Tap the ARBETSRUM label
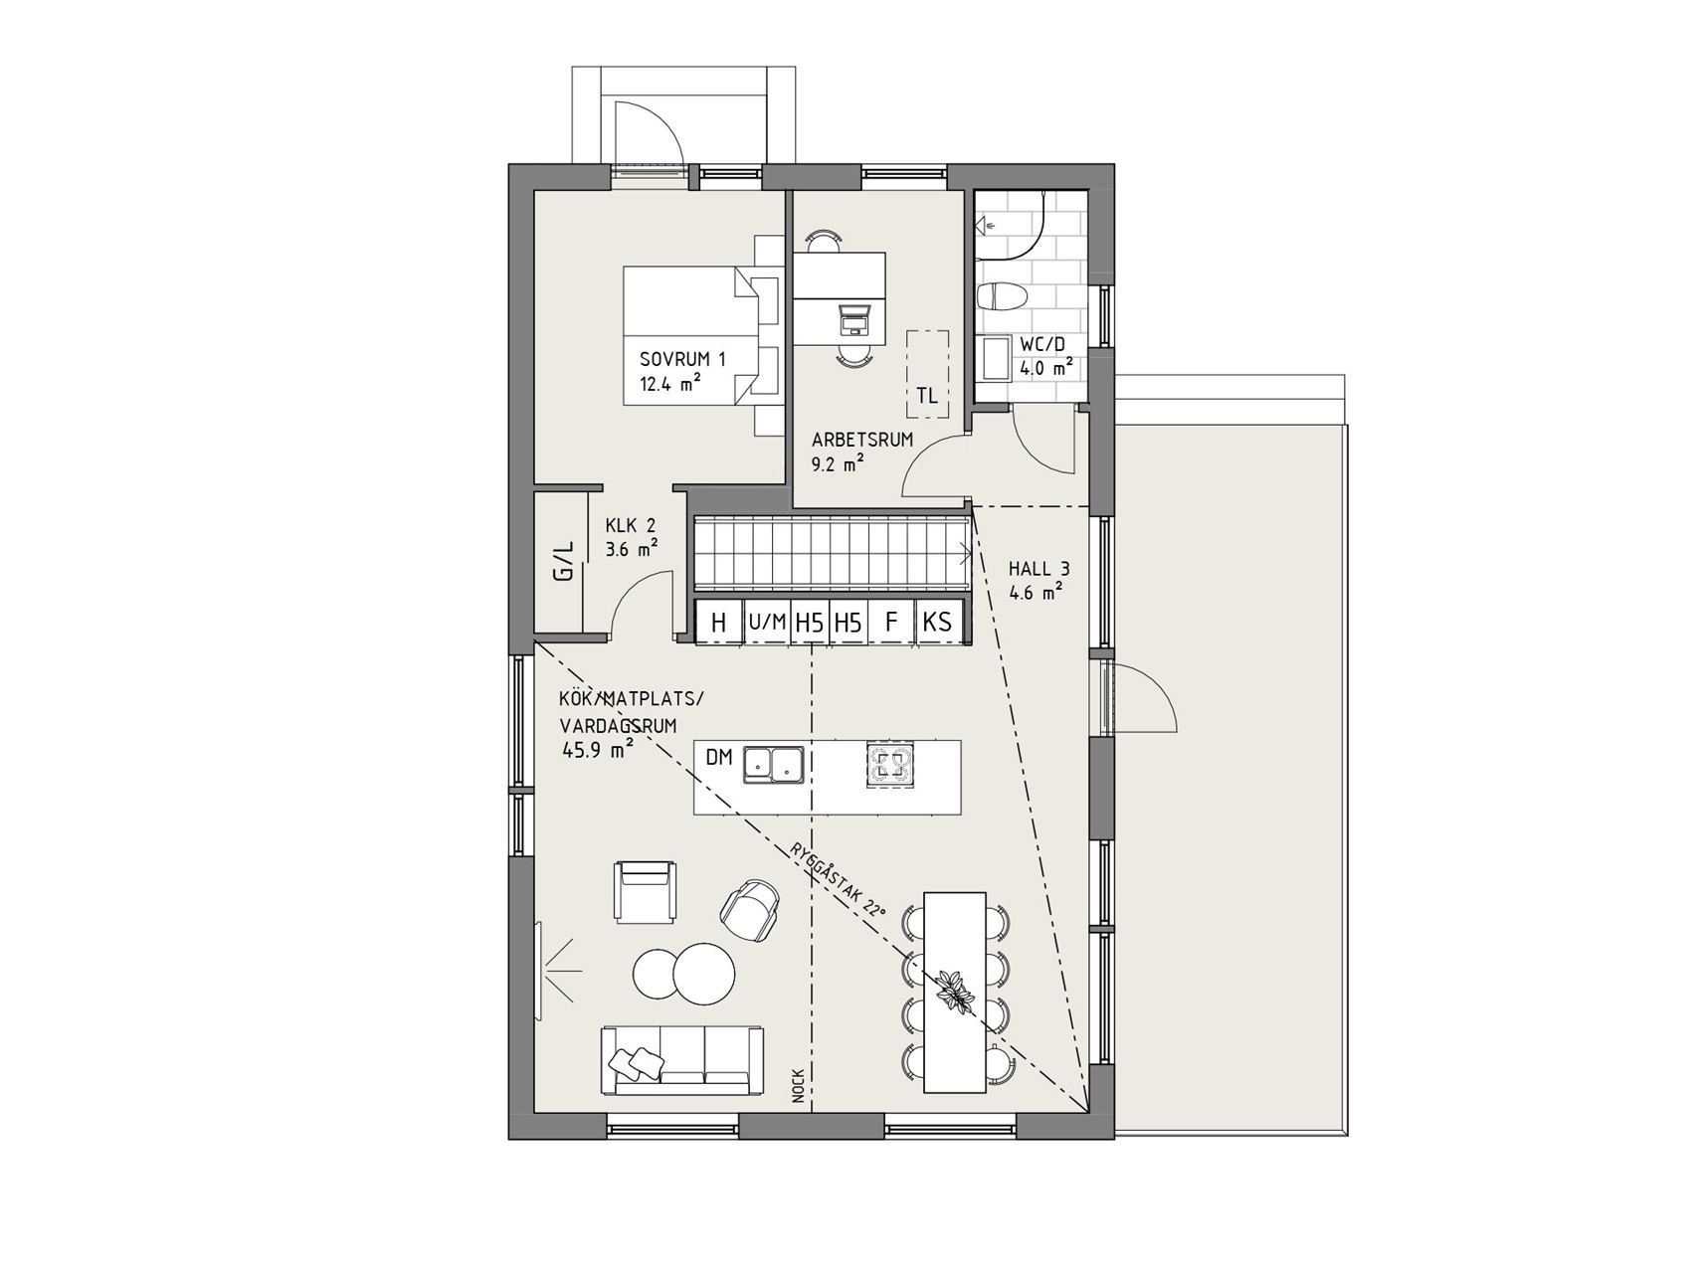click(x=861, y=440)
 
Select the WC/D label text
click(x=1041, y=345)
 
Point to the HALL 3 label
click(x=1039, y=570)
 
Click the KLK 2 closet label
click(x=631, y=526)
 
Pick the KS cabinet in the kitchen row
click(x=937, y=623)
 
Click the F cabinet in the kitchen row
click(x=891, y=623)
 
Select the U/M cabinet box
click(x=767, y=623)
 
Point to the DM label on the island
click(x=719, y=758)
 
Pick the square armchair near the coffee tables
click(x=649, y=891)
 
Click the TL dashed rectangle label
click(x=927, y=395)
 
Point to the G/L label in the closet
click(x=564, y=561)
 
